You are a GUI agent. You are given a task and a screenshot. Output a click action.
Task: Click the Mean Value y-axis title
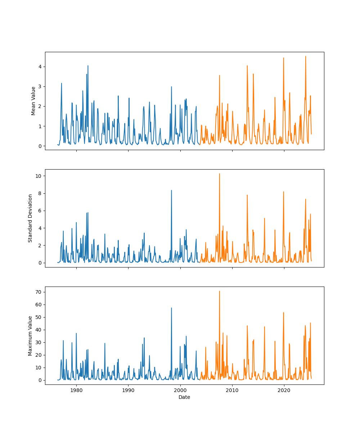pos(33,101)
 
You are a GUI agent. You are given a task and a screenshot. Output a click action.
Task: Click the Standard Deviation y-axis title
pos(30,218)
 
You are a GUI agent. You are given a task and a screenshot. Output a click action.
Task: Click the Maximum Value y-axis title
pos(30,336)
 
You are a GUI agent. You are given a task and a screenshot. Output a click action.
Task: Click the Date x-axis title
pos(184,397)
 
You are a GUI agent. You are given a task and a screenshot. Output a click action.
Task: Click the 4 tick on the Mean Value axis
pos(41,67)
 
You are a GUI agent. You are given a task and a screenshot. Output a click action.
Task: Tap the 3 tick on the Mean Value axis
pos(41,86)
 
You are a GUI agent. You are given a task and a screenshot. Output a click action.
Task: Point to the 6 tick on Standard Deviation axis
pos(41,211)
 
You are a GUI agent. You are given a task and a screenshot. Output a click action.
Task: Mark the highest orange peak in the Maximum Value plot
pos(219,291)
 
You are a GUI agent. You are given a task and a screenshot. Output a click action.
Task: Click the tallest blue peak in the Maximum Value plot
pos(171,308)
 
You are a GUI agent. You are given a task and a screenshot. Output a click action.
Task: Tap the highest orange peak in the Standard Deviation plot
pos(219,174)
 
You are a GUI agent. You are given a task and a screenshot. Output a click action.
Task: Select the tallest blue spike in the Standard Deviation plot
pos(171,190)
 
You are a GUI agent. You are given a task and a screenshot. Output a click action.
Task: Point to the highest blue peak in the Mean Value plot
pos(88,66)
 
